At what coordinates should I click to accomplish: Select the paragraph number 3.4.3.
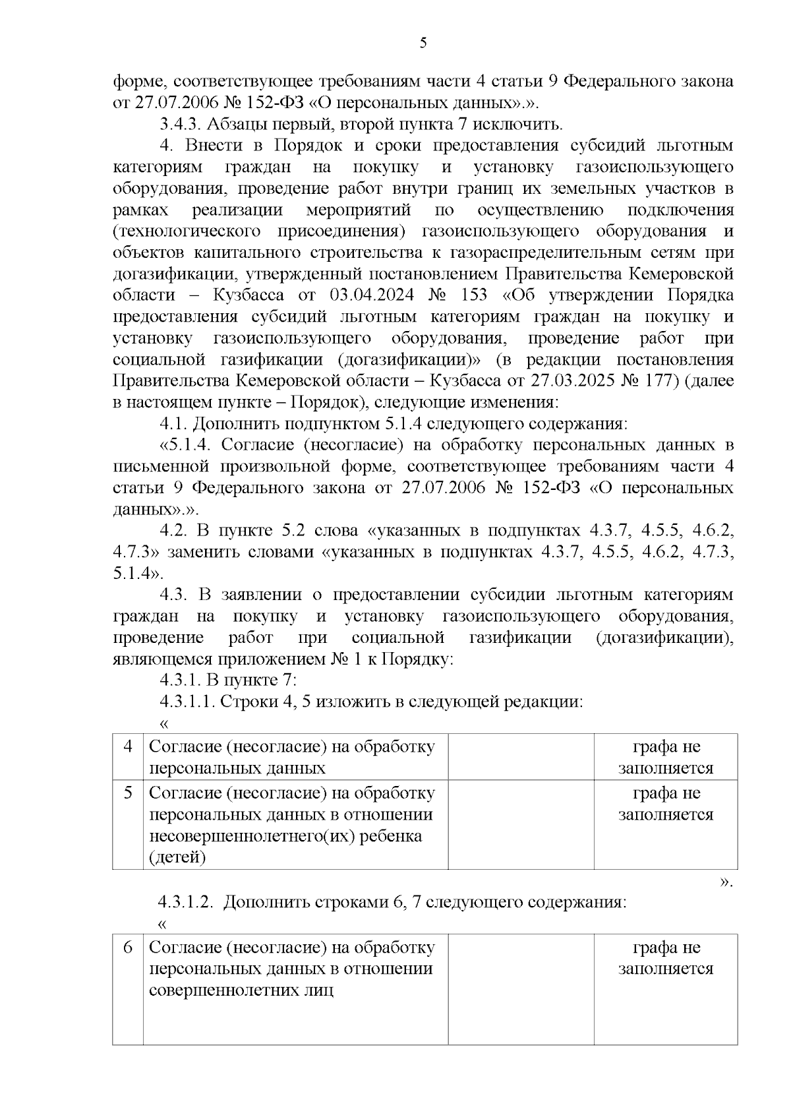click(x=182, y=124)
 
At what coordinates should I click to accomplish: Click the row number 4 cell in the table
click(x=129, y=747)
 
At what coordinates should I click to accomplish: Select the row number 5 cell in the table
click(x=129, y=793)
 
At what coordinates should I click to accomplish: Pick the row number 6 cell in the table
click(x=129, y=948)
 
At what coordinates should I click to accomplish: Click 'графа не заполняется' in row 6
click(x=666, y=958)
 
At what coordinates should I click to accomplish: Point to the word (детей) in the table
click(x=177, y=857)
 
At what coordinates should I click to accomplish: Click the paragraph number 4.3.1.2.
click(x=185, y=902)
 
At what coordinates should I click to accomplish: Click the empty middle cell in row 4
click(x=521, y=757)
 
